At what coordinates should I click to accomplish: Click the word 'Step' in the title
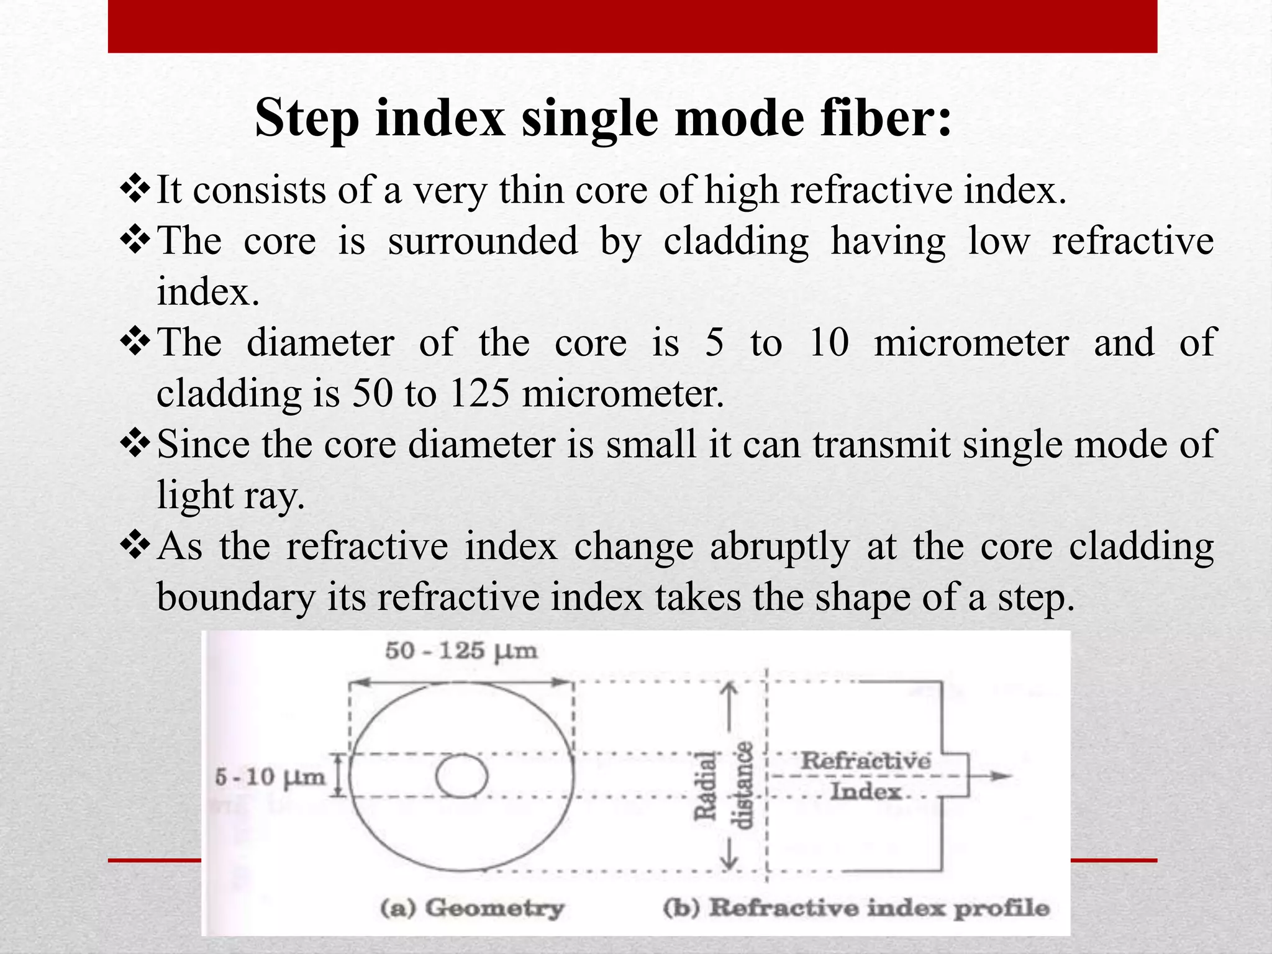tap(307, 119)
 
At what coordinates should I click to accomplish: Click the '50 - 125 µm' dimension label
tap(461, 651)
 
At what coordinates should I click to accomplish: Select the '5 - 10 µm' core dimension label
tap(270, 776)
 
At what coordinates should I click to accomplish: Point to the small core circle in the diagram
tap(461, 776)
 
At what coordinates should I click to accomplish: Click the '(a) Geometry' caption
tap(472, 908)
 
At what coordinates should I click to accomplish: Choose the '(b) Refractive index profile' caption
tap(856, 908)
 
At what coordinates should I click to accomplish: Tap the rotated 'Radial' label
tap(706, 786)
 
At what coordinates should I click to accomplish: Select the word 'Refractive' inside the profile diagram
tap(866, 761)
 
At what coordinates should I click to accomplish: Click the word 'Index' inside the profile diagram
tap(866, 792)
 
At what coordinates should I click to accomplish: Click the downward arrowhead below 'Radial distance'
tap(730, 863)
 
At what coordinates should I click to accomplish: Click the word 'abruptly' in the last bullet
tap(780, 547)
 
